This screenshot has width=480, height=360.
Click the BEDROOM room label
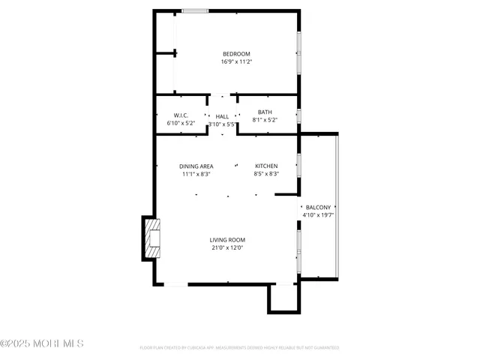(236, 54)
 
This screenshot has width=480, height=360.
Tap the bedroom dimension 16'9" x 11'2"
(236, 62)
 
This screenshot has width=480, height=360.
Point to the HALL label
(222, 116)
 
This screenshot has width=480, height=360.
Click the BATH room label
(265, 112)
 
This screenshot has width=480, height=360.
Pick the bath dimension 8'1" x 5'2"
(265, 120)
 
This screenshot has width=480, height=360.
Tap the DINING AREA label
(196, 166)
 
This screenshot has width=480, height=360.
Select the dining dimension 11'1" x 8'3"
(196, 174)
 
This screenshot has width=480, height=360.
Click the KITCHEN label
(266, 166)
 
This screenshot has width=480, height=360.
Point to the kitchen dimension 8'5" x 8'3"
(266, 174)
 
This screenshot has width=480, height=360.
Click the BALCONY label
(318, 207)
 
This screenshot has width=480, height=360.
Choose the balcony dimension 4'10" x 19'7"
(318, 215)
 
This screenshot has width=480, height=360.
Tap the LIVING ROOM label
(227, 240)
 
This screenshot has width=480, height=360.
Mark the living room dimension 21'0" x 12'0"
(227, 248)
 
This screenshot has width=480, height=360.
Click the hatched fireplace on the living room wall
(153, 238)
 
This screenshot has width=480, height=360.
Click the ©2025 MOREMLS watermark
(42, 343)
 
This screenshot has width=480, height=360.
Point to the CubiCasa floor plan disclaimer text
(239, 348)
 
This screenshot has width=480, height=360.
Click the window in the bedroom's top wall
(195, 11)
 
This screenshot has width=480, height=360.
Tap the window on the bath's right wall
(298, 115)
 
